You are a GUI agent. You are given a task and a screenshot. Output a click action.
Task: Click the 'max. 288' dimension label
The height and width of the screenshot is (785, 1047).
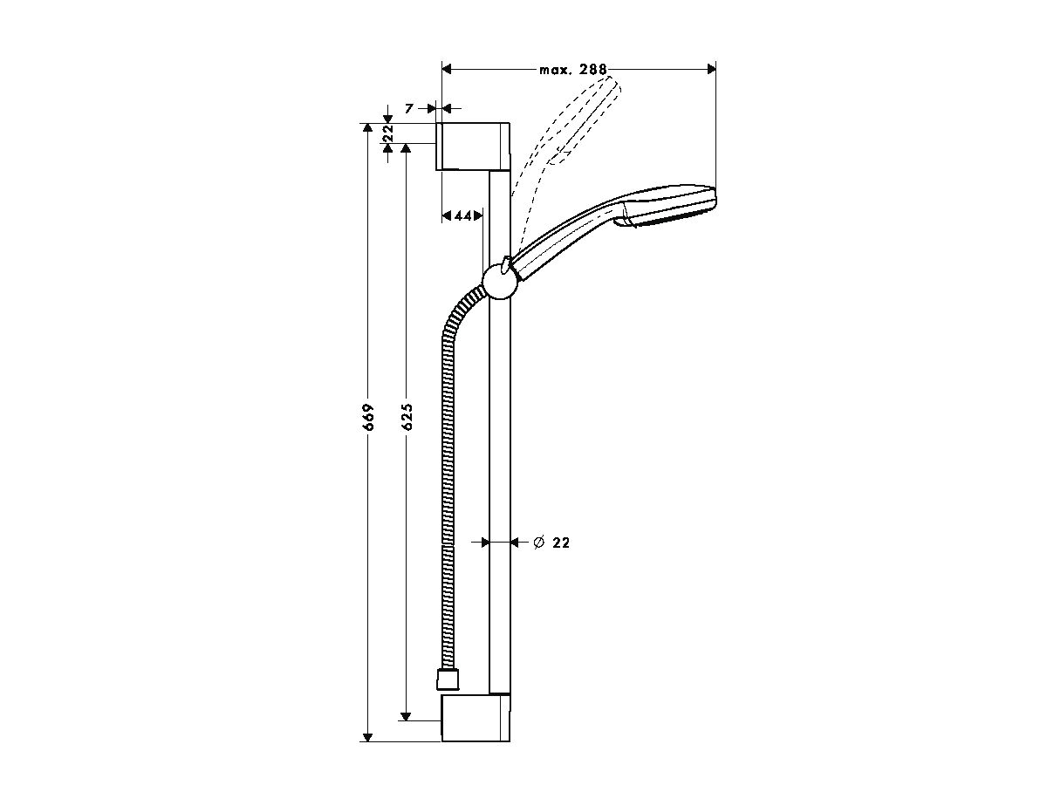tap(573, 70)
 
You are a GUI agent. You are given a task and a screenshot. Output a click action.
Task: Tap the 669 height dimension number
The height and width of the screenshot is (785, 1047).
tap(368, 417)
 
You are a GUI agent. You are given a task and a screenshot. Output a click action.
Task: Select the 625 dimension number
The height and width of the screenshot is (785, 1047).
tap(407, 417)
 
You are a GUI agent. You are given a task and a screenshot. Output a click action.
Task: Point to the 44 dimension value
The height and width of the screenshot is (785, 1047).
tap(462, 216)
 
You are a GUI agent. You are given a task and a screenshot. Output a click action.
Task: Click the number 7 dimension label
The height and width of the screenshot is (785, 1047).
tap(409, 109)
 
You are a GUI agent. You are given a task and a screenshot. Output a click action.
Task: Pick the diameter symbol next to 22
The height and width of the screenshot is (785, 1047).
tap(539, 543)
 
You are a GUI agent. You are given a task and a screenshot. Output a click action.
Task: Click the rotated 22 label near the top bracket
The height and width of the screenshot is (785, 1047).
tap(388, 133)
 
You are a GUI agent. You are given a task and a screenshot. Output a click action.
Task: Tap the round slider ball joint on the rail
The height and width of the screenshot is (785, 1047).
tap(500, 282)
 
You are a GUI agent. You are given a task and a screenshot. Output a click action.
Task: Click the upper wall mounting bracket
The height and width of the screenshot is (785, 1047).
tap(473, 147)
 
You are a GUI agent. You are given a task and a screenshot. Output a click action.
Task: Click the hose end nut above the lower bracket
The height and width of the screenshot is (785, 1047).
tap(448, 679)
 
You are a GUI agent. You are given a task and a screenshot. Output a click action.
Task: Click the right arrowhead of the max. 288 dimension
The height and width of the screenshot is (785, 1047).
tap(712, 70)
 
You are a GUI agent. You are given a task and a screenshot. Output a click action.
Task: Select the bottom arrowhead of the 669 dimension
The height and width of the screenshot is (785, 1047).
tap(367, 737)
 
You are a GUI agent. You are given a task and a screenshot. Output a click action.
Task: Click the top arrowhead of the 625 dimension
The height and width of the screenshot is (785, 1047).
tap(406, 148)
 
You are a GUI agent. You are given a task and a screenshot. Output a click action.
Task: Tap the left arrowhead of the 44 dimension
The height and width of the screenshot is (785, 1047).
tap(447, 216)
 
